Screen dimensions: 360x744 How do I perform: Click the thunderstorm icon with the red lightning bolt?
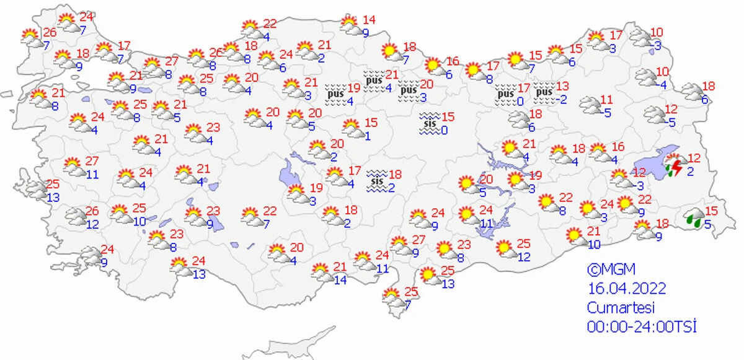click(675, 167)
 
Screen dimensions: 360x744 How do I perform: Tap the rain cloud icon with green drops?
click(694, 219)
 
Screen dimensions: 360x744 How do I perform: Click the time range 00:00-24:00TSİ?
click(642, 327)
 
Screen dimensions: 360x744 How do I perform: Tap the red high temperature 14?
click(370, 19)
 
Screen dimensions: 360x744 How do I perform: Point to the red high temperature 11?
click(606, 100)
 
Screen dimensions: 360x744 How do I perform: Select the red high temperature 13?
click(563, 86)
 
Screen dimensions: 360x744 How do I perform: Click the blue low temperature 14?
click(340, 279)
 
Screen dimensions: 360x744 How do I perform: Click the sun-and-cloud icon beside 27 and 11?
click(73, 167)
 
